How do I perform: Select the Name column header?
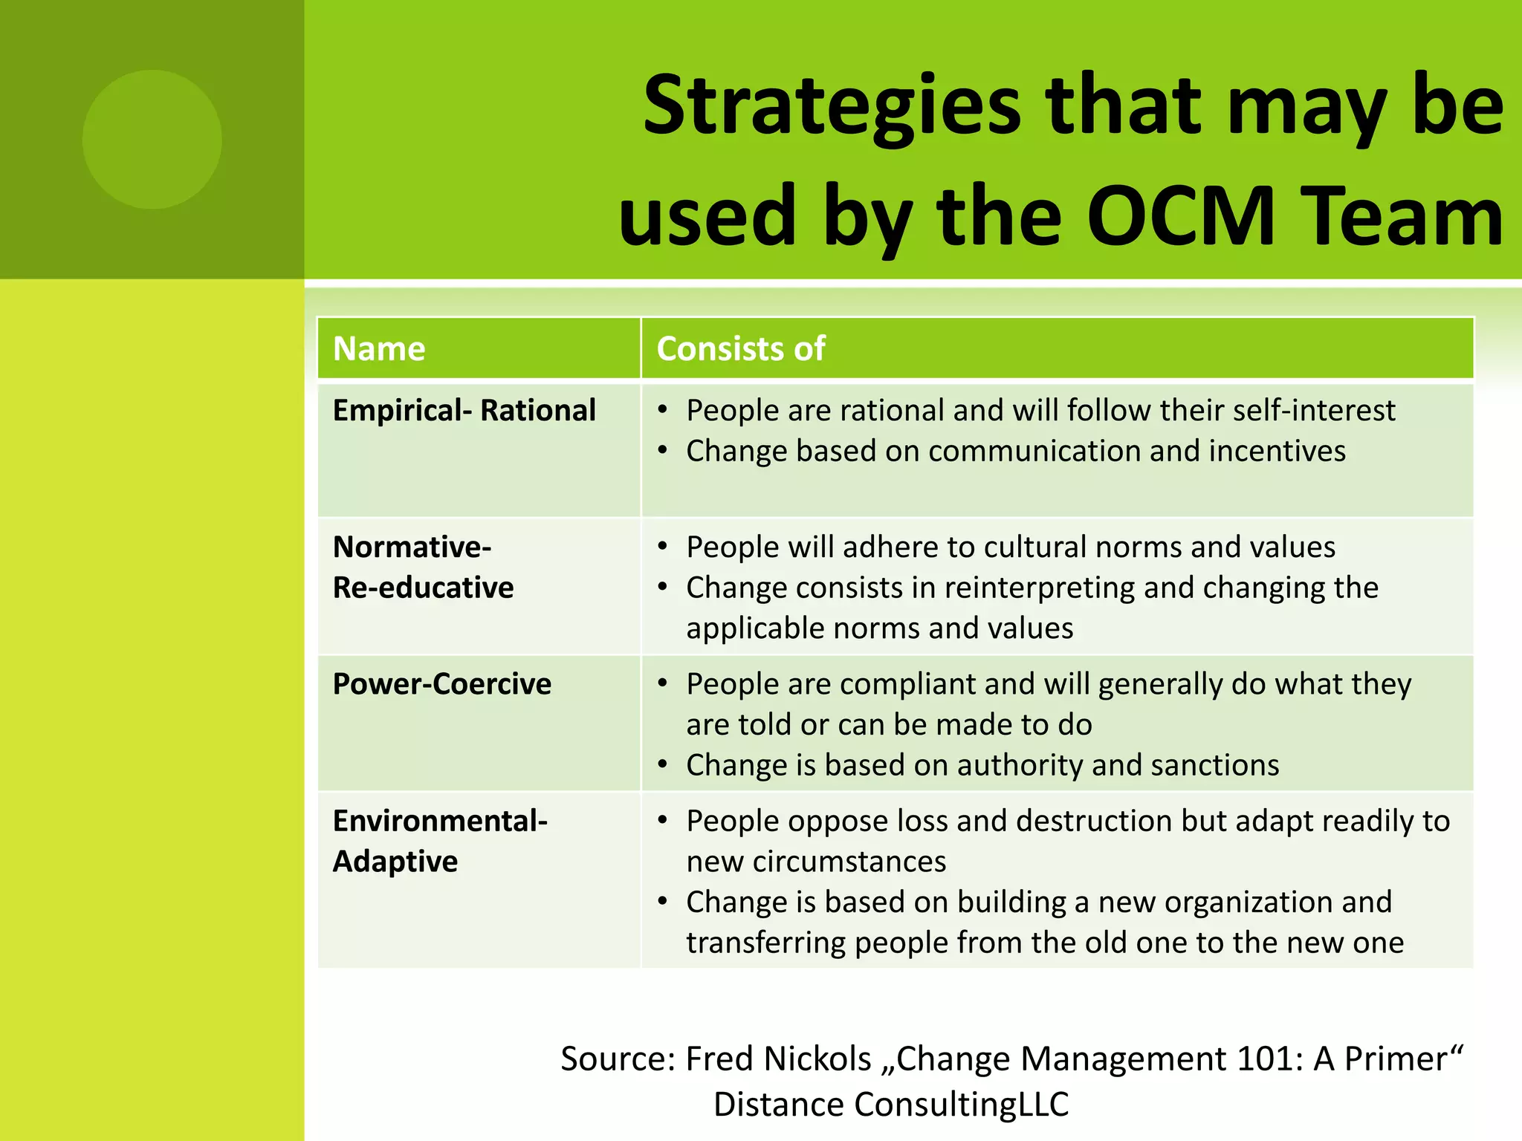[x=379, y=348]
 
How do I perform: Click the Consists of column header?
[x=741, y=348]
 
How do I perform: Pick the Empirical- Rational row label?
[x=464, y=411]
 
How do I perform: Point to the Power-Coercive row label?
[x=442, y=684]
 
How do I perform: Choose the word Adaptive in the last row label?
[x=395, y=862]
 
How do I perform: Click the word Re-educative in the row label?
[x=423, y=588]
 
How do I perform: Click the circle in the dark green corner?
[x=152, y=140]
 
